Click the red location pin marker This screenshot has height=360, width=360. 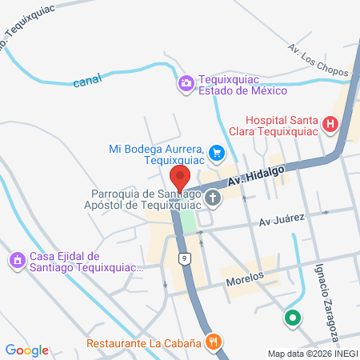pos(180,177)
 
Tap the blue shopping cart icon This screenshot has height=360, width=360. pos(215,152)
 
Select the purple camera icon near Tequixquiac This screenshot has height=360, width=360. pos(186,82)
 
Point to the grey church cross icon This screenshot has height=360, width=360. pos(213,198)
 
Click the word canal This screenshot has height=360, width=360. pos(87,82)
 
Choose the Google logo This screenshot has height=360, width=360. pos(26,350)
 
